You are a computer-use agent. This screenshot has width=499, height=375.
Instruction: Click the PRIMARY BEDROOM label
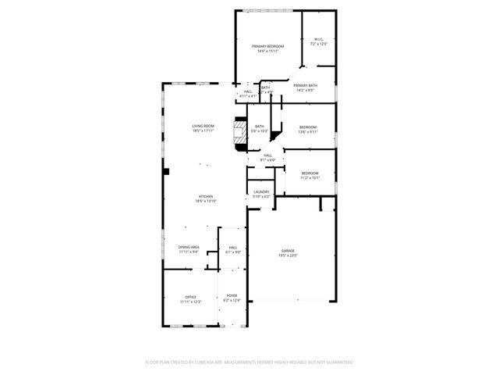[267, 47]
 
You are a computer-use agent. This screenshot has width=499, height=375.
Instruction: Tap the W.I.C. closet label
[319, 40]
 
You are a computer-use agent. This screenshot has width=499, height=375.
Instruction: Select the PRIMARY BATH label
[306, 85]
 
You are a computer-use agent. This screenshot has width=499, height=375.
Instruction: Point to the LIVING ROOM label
[203, 126]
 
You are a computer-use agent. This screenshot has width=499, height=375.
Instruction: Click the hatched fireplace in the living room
[240, 130]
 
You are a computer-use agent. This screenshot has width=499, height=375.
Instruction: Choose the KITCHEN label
[205, 196]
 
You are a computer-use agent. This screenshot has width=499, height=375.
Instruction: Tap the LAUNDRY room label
[261, 191]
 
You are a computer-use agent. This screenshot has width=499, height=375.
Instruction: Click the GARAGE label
[288, 251]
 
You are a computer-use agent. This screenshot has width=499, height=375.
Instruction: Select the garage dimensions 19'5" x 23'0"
[288, 255]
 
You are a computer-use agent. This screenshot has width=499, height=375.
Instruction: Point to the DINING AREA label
[189, 247]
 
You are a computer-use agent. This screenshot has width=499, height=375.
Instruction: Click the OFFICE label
[191, 296]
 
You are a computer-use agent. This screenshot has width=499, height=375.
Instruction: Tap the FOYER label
[232, 295]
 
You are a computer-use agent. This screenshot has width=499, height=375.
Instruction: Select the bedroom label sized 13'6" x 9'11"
[308, 127]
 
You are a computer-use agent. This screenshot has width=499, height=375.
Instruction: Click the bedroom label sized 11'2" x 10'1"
[310, 173]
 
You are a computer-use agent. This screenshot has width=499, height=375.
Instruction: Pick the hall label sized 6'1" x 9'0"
[232, 247]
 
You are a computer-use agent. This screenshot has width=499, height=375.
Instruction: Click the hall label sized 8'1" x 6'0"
[267, 155]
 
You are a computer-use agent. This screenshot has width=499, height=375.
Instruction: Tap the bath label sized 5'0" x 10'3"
[259, 127]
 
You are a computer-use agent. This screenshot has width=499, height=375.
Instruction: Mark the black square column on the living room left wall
[167, 171]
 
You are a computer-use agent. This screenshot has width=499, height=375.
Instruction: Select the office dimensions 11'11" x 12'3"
[191, 301]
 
